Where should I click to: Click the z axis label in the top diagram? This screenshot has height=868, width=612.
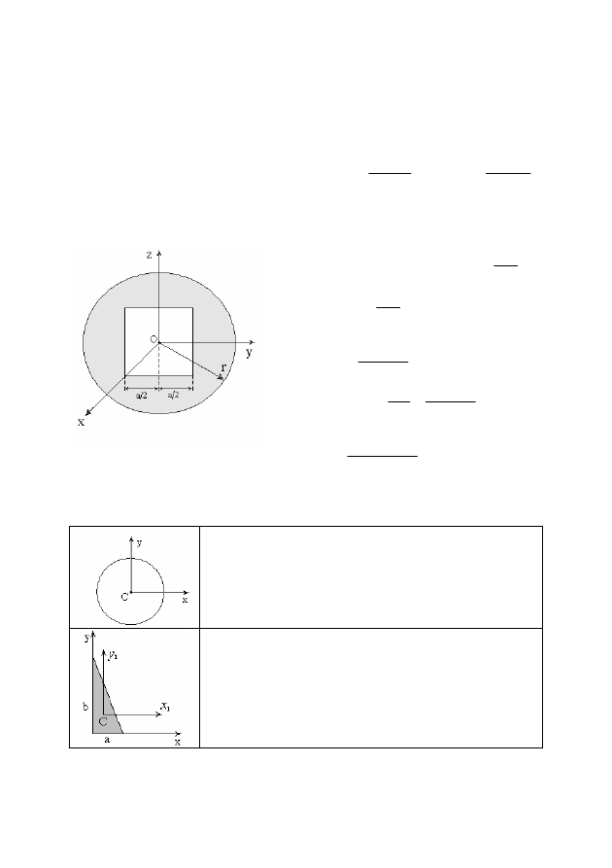[x=149, y=255]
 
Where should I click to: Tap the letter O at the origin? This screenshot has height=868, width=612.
[x=153, y=339]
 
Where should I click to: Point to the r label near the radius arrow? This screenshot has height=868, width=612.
[x=223, y=367]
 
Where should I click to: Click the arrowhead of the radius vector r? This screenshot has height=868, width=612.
[x=221, y=377]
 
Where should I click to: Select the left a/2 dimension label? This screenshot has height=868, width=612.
[x=142, y=396]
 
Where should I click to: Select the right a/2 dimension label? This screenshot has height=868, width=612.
[x=173, y=395]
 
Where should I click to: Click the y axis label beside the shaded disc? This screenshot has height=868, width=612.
[x=250, y=353]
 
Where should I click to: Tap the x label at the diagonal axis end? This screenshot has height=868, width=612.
[x=82, y=422]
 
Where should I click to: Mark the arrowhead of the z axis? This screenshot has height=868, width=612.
[x=159, y=253]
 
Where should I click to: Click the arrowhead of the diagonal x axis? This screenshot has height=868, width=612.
[x=88, y=412]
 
